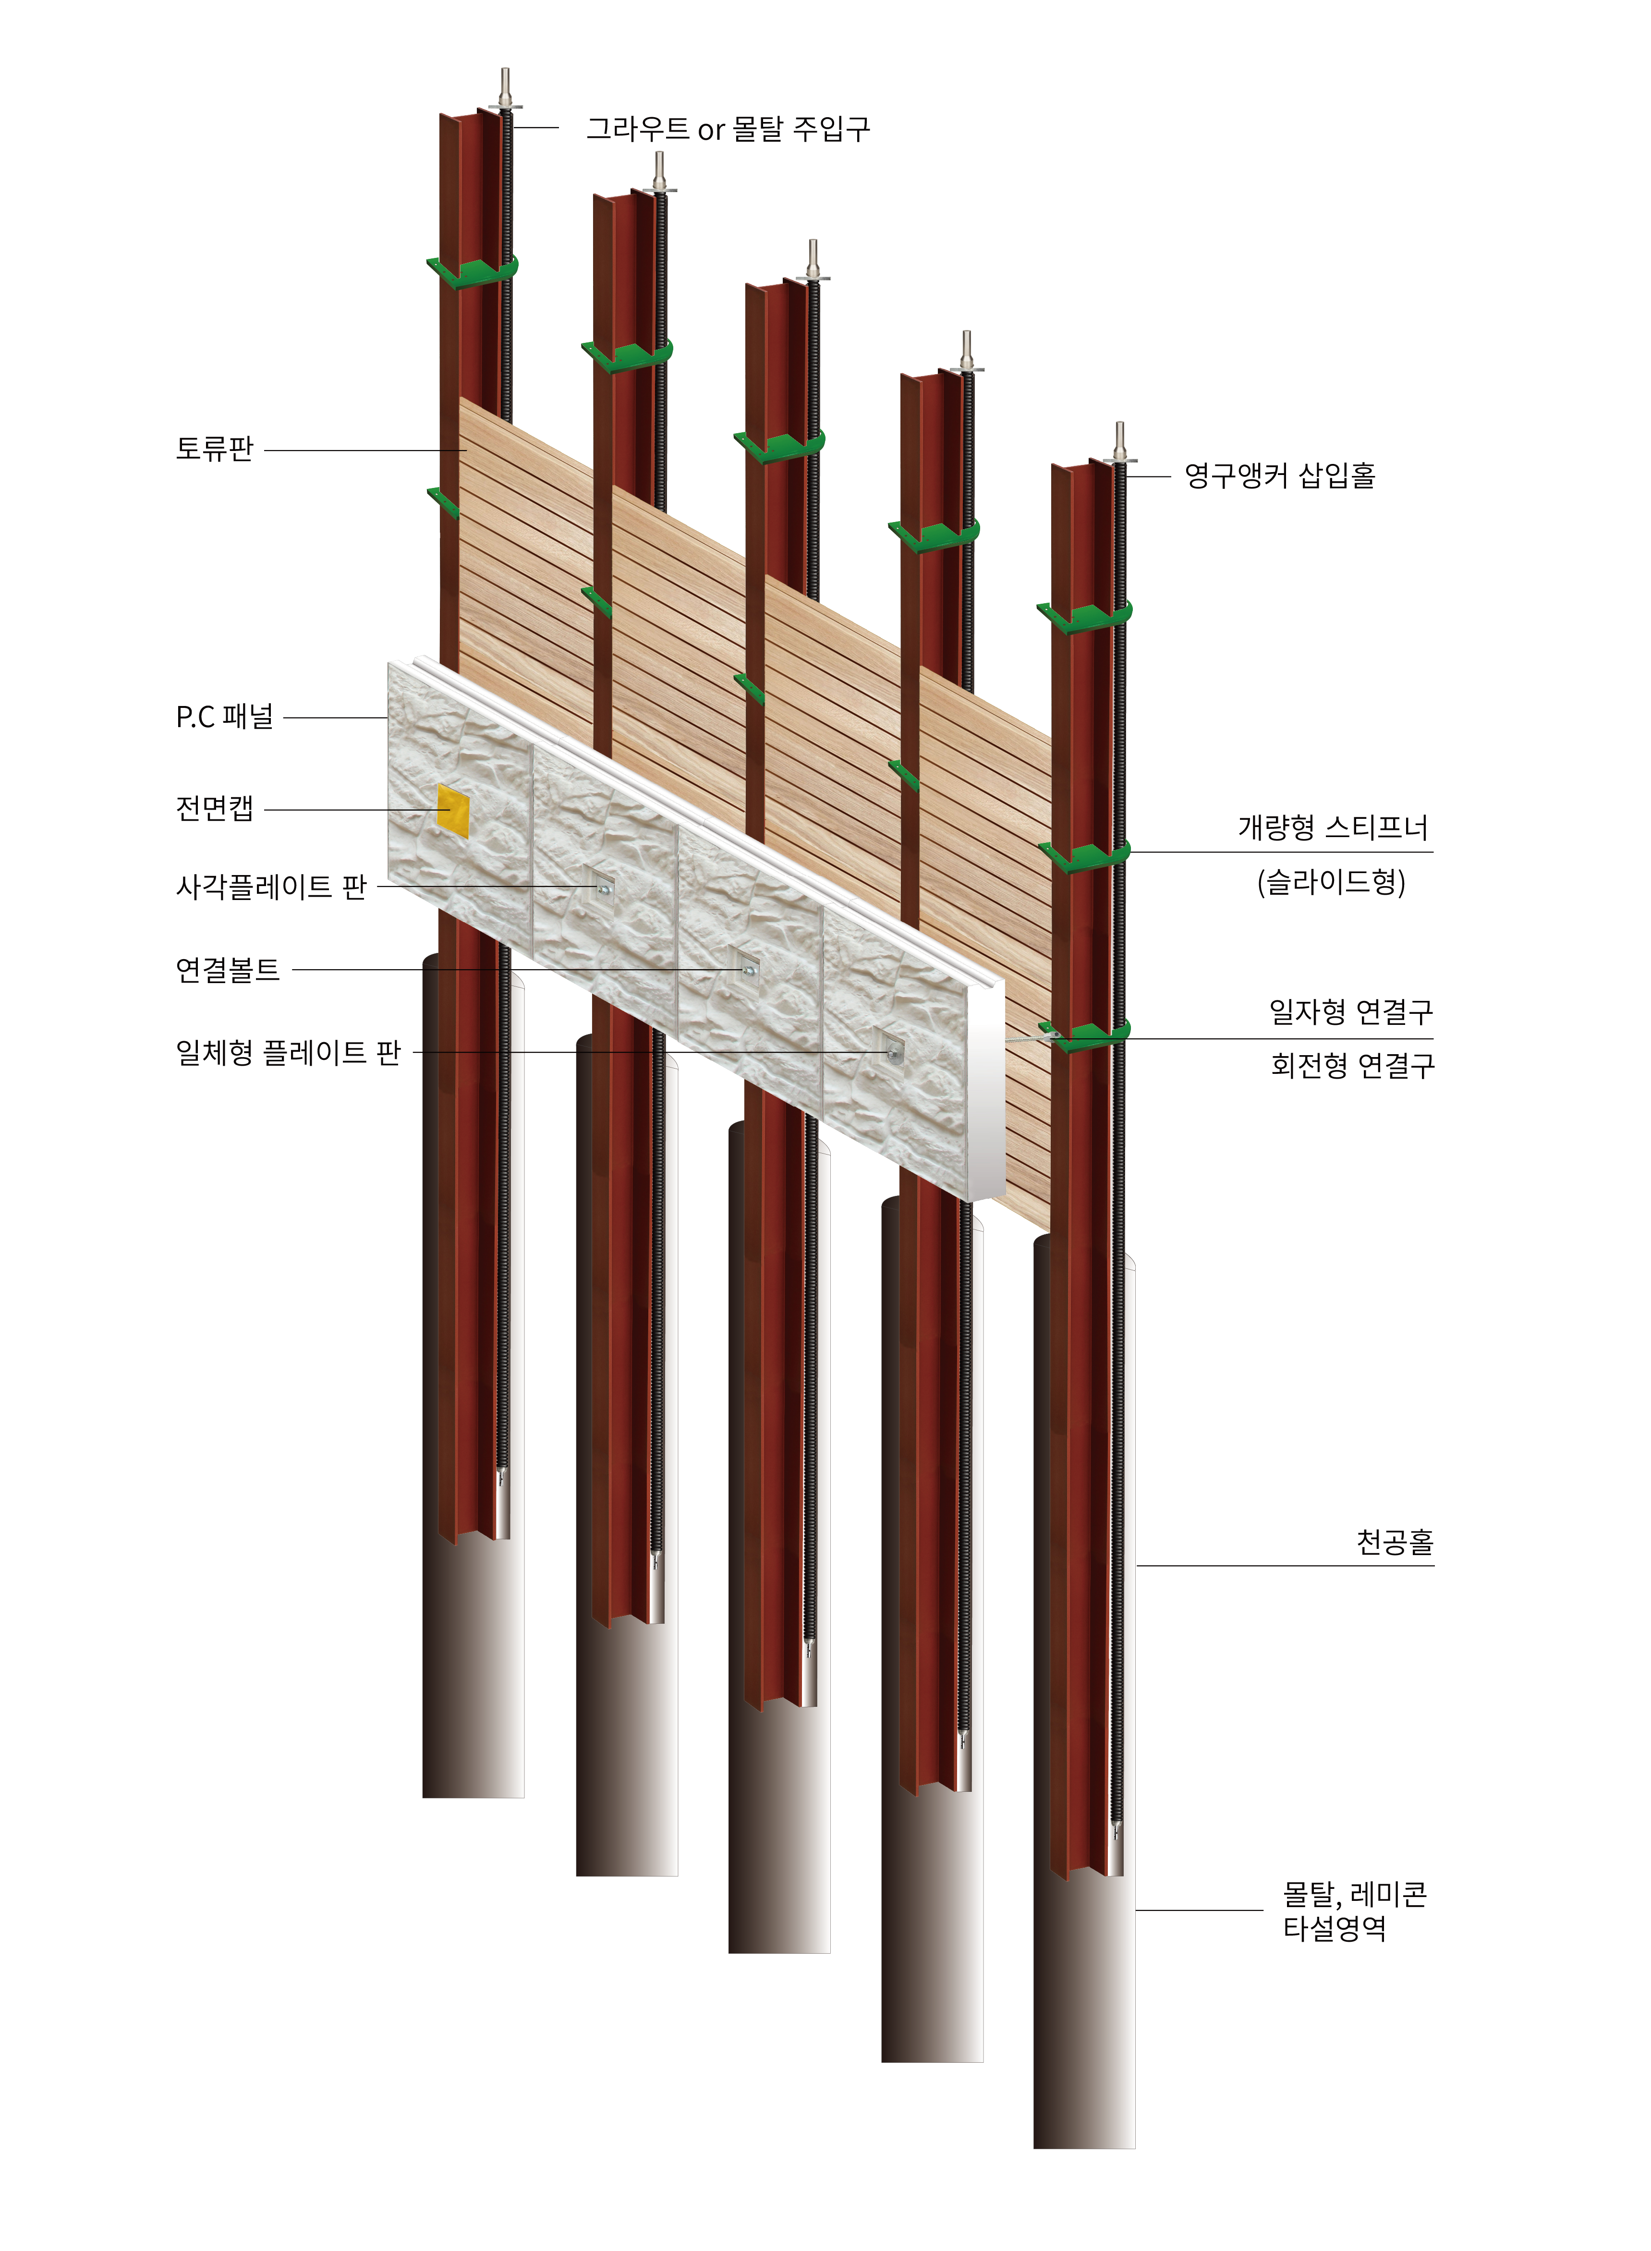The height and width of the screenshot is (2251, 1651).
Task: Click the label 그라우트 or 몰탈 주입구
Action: [728, 129]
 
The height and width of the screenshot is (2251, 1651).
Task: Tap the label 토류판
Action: [215, 449]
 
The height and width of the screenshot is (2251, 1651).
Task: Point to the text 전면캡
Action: [215, 808]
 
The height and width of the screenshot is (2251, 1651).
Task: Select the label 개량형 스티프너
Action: [1333, 827]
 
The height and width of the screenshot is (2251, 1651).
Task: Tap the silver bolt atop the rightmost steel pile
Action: [1119, 443]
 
